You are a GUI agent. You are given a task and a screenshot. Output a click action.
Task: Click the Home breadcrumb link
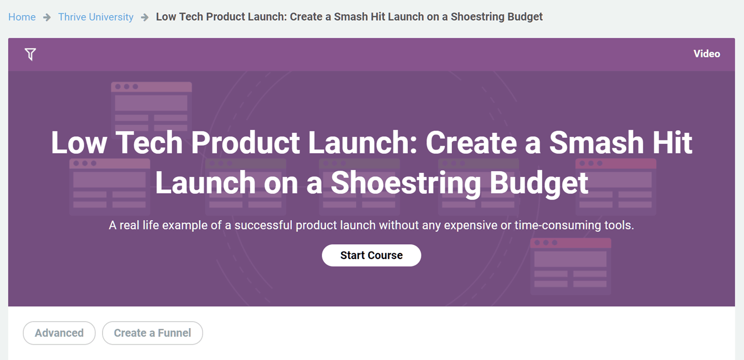click(x=22, y=16)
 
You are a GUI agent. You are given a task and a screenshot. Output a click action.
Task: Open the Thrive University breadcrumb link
click(x=96, y=17)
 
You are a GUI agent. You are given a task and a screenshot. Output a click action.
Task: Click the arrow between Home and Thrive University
click(x=47, y=17)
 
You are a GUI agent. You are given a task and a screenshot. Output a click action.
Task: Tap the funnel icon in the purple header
click(x=30, y=54)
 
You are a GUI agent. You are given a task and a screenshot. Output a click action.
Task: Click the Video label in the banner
click(x=706, y=54)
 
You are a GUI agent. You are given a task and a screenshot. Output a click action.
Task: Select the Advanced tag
click(x=59, y=333)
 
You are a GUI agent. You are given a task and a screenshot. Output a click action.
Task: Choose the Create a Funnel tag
click(x=153, y=333)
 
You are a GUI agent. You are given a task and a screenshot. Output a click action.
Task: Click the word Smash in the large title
click(x=596, y=143)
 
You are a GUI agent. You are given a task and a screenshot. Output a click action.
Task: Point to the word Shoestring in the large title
click(x=406, y=182)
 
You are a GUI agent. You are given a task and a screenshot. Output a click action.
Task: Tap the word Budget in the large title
click(x=539, y=182)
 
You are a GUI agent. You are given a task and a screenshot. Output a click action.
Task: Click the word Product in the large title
click(x=246, y=143)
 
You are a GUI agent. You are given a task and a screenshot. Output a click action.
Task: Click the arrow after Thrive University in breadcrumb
click(x=145, y=17)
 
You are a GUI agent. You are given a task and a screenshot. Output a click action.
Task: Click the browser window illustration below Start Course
click(x=570, y=266)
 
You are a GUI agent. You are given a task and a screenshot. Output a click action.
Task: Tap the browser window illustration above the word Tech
click(x=151, y=106)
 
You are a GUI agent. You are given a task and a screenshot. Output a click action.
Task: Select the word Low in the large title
click(x=79, y=143)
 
